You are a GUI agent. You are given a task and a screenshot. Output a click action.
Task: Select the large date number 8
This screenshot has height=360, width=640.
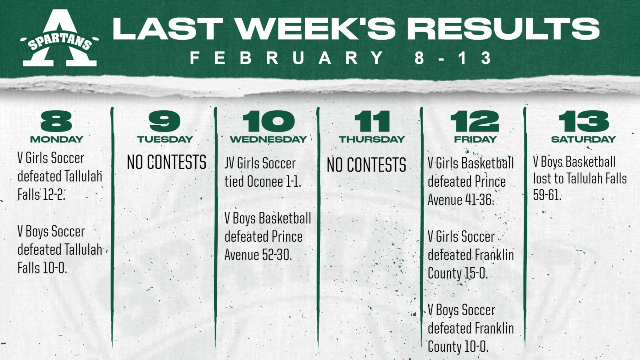(x=56, y=121)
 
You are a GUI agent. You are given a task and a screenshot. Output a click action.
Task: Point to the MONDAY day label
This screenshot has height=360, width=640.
(x=57, y=139)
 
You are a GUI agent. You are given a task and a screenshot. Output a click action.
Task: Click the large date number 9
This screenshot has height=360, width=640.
(x=164, y=121)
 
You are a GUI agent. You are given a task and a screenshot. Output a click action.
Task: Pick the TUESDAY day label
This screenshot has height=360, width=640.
(x=165, y=139)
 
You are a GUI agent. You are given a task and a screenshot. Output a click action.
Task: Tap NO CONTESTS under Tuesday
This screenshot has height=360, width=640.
(x=167, y=162)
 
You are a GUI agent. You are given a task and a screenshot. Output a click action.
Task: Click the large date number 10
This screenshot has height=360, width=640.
(x=268, y=121)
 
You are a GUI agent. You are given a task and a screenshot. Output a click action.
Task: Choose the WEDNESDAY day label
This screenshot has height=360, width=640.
(x=268, y=139)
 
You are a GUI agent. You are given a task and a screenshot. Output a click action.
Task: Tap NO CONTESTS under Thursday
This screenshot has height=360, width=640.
(x=366, y=165)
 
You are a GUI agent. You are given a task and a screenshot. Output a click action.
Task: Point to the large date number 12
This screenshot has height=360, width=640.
(x=475, y=121)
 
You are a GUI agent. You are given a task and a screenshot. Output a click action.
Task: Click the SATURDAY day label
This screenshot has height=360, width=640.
(x=583, y=139)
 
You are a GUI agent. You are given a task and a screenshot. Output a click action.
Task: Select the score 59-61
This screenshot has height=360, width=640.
(x=547, y=195)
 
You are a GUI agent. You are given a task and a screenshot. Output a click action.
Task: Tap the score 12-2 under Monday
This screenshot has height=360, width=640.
(x=54, y=195)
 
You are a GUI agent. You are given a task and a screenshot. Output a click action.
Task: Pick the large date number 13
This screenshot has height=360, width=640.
(x=584, y=121)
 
